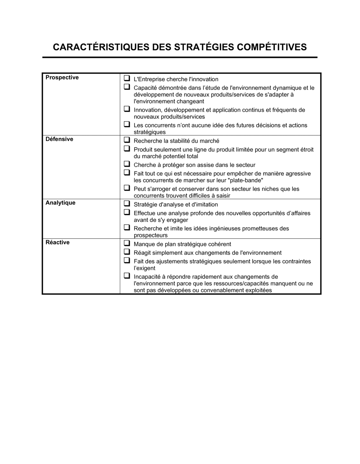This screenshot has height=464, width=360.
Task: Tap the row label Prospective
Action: point(62,78)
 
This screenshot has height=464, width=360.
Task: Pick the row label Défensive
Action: point(59,139)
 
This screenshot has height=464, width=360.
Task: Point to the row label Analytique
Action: point(60,203)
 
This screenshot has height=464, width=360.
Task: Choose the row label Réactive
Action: point(57,242)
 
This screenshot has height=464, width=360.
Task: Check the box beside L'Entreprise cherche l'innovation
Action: point(127,78)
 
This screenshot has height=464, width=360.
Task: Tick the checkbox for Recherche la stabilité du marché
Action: point(127,140)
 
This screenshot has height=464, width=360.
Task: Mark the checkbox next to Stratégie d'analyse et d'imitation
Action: point(127,203)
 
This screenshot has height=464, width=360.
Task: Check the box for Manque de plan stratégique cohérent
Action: point(127,243)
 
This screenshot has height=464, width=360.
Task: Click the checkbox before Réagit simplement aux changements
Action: point(127,251)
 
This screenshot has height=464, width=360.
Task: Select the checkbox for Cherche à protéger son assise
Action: point(127,164)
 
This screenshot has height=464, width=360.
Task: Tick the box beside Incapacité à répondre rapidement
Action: point(127,276)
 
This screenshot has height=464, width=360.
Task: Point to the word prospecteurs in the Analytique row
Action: point(150,236)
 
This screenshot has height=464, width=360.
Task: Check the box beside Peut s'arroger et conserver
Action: point(127,188)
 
